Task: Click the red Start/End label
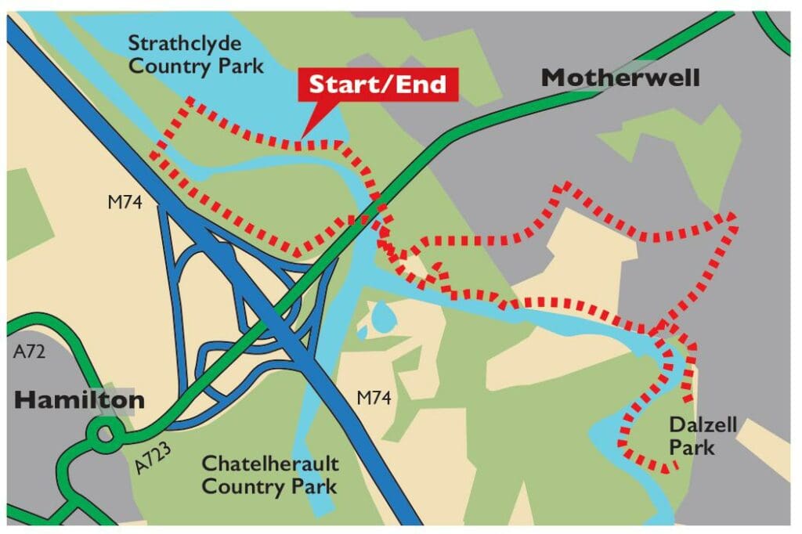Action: click(377, 85)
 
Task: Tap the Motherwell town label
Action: click(620, 78)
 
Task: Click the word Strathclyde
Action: click(185, 42)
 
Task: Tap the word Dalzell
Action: click(692, 425)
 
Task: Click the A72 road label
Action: click(30, 352)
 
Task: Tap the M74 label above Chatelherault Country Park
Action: click(374, 399)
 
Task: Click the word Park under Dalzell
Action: click(692, 448)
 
